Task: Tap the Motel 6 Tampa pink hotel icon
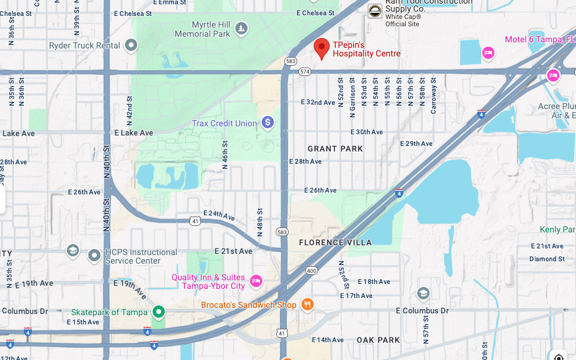point(488,53)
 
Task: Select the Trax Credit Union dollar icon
point(267,123)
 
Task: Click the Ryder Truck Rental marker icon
point(131,45)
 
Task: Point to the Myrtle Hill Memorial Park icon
point(242,28)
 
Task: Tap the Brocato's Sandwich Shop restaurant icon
point(308,304)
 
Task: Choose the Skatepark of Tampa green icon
point(159,312)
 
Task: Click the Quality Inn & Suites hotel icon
point(256,281)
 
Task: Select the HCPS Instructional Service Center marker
point(94,255)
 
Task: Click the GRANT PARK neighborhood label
point(335,148)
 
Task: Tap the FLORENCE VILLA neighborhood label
point(335,242)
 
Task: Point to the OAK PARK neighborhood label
point(378,340)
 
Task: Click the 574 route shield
point(305,72)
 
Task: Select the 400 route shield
point(311,270)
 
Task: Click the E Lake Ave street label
point(134,132)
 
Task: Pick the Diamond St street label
point(547,259)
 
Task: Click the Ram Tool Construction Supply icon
point(374,11)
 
